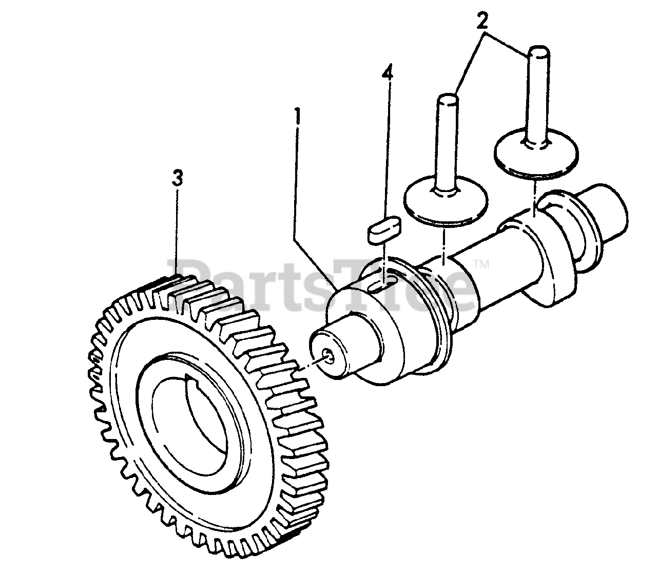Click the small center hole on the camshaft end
pos(328,354)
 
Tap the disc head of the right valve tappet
pos(535,152)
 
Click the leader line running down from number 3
pos(177,231)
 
